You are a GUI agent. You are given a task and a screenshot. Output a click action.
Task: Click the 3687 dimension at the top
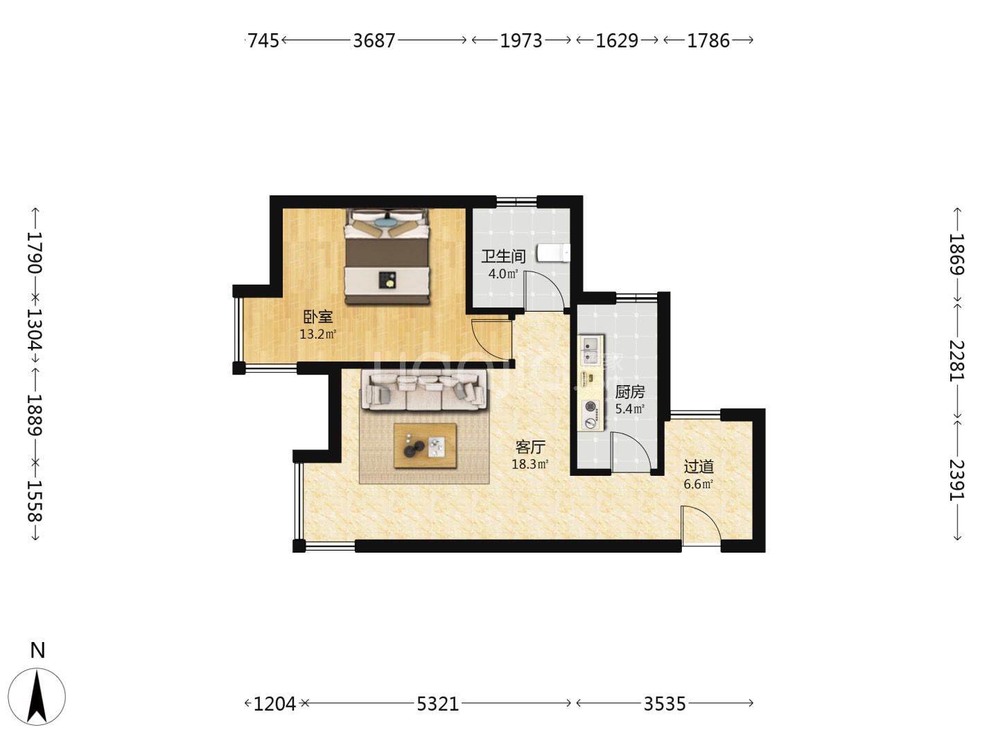tap(374, 41)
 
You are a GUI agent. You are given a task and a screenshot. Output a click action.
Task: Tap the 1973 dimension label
tap(521, 41)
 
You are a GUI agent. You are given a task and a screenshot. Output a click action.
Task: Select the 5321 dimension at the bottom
tap(438, 704)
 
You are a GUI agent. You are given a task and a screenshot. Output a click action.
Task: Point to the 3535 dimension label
tap(664, 704)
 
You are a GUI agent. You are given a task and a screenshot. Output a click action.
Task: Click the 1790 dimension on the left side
tap(35, 253)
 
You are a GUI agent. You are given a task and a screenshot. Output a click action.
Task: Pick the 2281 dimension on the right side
tap(956, 361)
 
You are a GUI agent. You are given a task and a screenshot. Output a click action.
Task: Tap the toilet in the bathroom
tap(553, 253)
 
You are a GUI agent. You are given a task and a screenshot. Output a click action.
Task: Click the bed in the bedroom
tap(387, 256)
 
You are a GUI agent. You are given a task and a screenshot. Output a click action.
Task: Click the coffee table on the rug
tap(425, 445)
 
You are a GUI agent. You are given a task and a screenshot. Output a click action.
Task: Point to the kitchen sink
tap(590, 350)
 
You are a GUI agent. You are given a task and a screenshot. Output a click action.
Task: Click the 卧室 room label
tap(318, 316)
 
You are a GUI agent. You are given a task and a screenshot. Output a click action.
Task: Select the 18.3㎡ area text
tap(529, 464)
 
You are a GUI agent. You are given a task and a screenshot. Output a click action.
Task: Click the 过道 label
tap(699, 466)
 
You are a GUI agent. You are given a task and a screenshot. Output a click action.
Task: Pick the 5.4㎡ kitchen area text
tap(630, 409)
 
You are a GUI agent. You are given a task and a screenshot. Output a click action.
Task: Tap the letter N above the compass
tap(37, 651)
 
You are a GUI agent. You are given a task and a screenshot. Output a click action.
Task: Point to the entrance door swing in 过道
tap(701, 526)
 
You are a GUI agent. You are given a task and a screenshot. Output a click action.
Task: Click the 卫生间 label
tap(503, 256)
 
